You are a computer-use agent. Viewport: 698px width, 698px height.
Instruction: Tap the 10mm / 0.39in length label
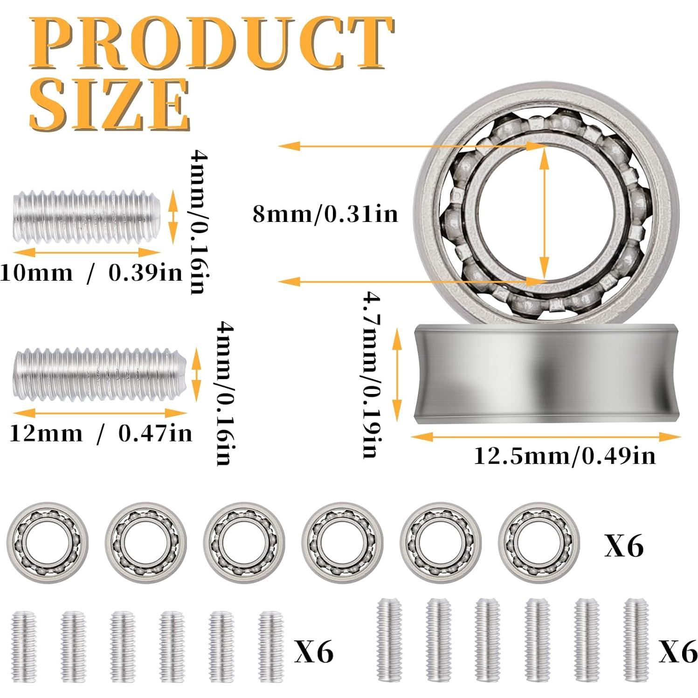[91, 273]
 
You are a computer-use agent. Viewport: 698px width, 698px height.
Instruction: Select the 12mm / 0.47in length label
[100, 434]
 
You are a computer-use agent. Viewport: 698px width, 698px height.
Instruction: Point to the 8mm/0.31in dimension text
[325, 214]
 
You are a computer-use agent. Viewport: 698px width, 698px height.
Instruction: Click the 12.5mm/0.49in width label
[564, 456]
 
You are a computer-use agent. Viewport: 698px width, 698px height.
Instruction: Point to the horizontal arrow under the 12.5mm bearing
[546, 437]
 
